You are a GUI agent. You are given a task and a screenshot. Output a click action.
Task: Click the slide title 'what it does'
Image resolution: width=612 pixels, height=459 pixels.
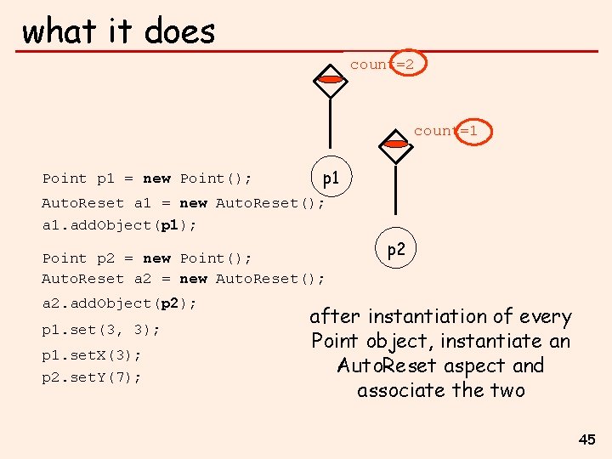click(118, 31)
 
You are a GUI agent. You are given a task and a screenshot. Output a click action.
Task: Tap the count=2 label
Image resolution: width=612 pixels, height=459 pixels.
click(382, 65)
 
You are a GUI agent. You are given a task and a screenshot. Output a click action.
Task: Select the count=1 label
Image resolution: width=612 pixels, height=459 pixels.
click(446, 131)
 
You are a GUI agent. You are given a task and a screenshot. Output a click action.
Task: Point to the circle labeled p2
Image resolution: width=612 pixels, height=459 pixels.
click(395, 250)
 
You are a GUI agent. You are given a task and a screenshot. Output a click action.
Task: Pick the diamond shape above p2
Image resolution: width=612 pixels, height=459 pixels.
click(395, 144)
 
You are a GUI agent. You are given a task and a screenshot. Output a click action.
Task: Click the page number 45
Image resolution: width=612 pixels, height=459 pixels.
click(586, 439)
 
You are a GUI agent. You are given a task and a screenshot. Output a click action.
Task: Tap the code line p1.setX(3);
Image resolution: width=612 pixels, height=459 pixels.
click(92, 355)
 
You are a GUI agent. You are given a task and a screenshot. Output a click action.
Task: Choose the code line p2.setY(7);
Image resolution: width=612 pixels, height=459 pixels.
click(92, 377)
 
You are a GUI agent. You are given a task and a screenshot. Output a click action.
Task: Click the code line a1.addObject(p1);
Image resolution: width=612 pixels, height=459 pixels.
click(119, 225)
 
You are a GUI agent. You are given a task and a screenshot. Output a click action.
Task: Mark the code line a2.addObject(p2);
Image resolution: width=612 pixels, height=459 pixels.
click(119, 303)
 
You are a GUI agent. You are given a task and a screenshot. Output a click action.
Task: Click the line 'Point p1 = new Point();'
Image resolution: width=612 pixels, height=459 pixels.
click(147, 178)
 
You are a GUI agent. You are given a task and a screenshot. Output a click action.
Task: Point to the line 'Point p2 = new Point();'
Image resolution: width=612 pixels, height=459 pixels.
click(147, 258)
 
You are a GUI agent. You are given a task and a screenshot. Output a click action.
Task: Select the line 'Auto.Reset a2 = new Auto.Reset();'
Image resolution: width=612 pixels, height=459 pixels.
click(183, 279)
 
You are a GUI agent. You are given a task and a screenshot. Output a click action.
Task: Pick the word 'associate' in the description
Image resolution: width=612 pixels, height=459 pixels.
click(402, 391)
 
